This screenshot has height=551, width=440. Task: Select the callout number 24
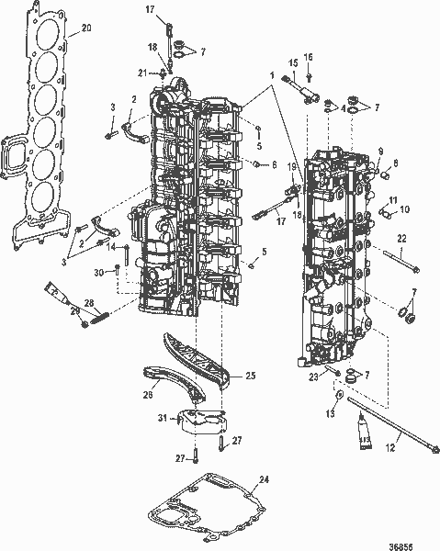coord(265,479)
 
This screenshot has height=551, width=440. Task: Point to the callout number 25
coord(250,375)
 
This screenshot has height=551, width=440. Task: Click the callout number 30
coord(100,273)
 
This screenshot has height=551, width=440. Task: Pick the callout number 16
coord(309,57)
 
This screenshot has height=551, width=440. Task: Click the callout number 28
coord(89,303)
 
